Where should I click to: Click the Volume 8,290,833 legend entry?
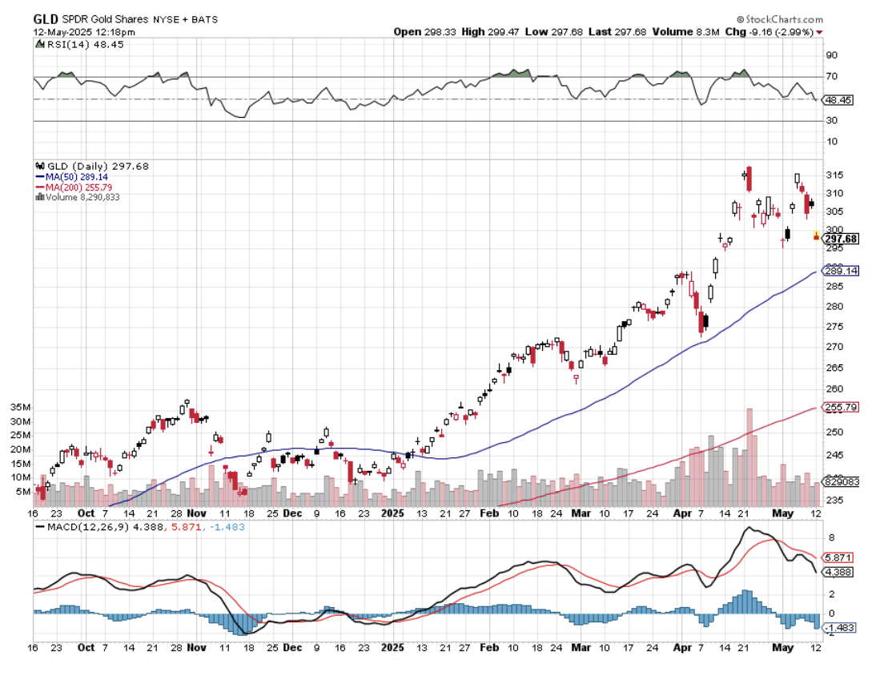pyautogui.click(x=80, y=197)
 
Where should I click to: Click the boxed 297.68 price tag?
pyautogui.click(x=841, y=239)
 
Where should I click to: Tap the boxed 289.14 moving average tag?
pyautogui.click(x=841, y=272)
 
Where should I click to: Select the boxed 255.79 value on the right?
pyautogui.click(x=841, y=407)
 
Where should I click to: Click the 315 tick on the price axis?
pyautogui.click(x=833, y=175)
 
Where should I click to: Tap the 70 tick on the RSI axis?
pyautogui.click(x=832, y=77)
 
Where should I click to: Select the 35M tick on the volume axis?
pyautogui.click(x=21, y=407)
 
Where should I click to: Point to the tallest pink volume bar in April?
pyautogui.click(x=749, y=449)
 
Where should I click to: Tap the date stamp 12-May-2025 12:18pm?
pyautogui.click(x=84, y=32)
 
